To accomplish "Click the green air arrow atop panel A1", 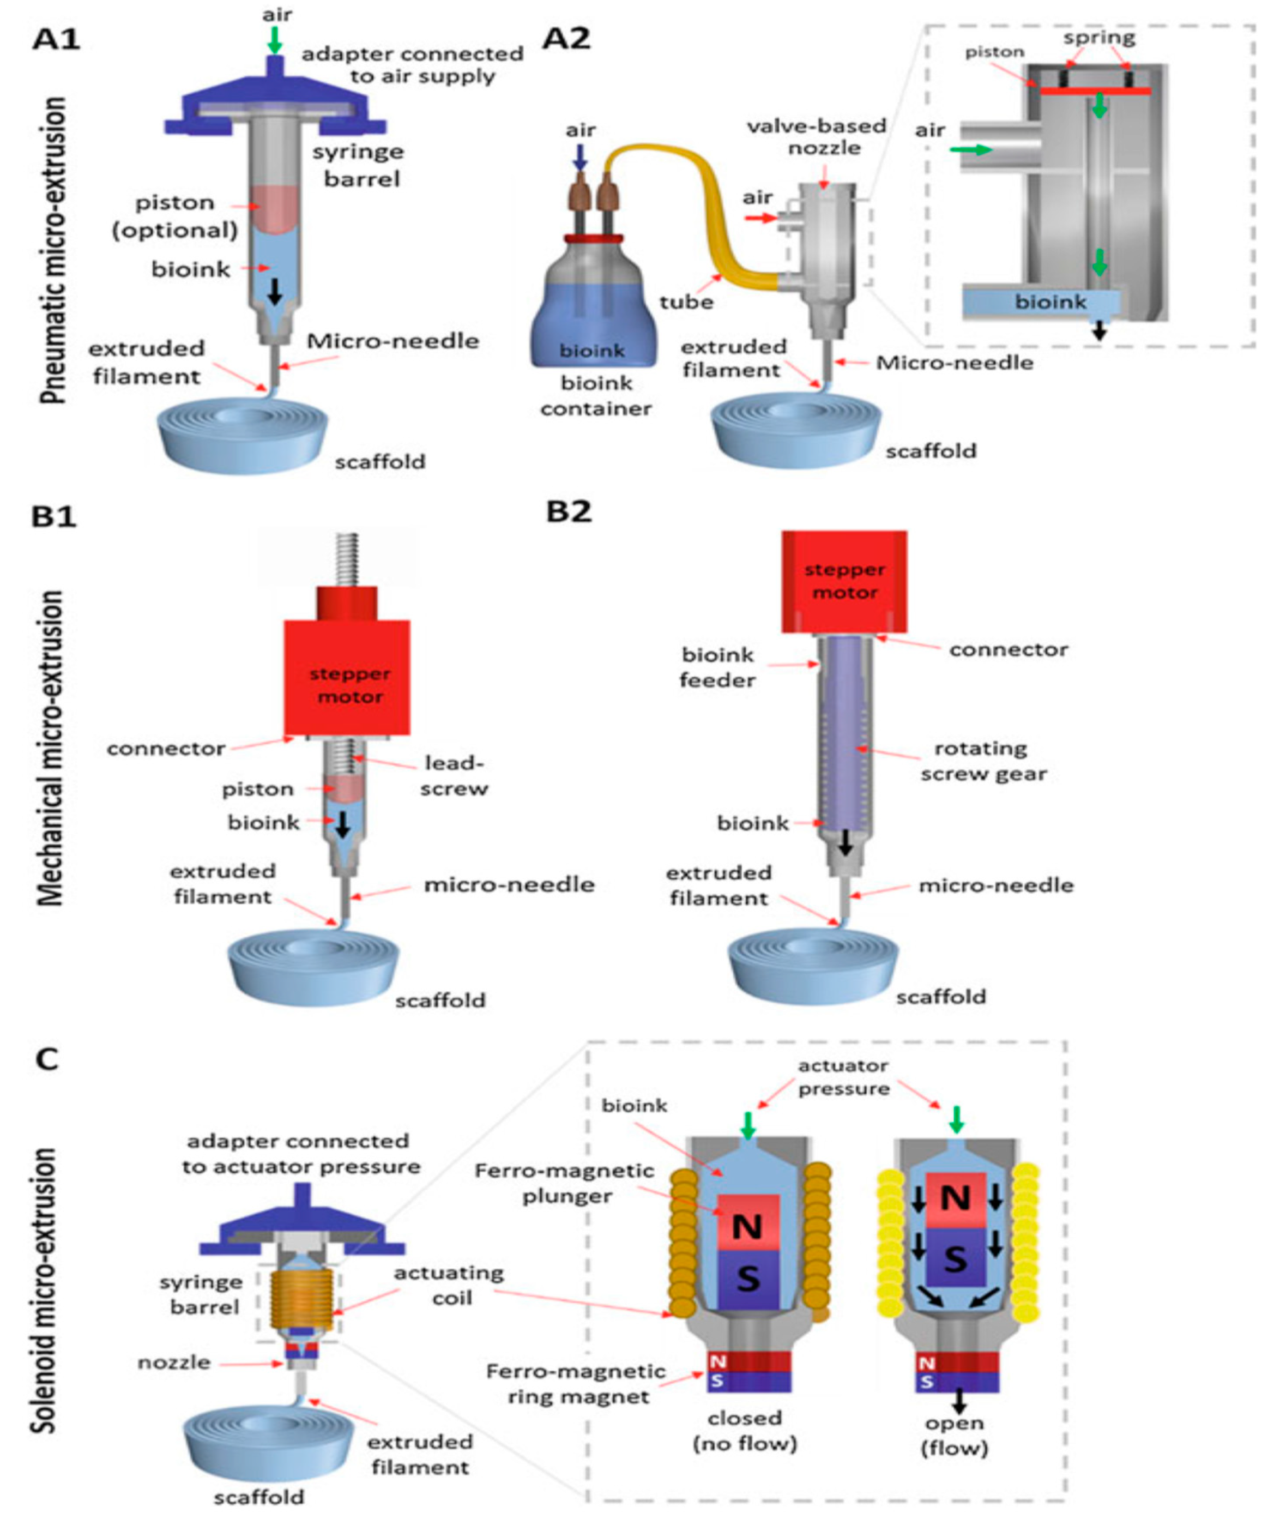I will click(x=274, y=40).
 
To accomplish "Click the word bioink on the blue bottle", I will click(x=591, y=351).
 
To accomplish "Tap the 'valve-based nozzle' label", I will click(x=816, y=137).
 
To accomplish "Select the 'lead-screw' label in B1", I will click(x=454, y=775).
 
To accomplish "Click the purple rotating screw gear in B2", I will click(x=843, y=731).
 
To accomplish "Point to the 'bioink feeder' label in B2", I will click(x=717, y=667).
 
